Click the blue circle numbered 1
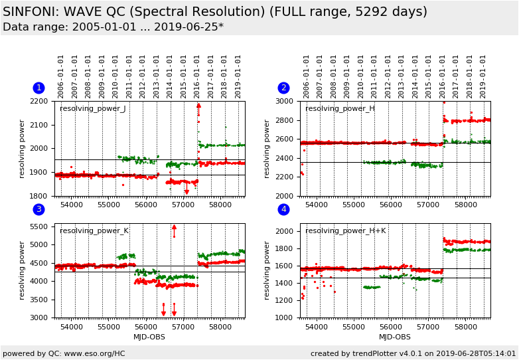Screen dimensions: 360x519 click(38, 88)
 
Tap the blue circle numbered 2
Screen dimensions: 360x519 click(283, 88)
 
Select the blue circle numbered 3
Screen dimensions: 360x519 click(38, 210)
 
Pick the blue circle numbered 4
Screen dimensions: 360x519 click(283, 210)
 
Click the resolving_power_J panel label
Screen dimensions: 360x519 click(92, 109)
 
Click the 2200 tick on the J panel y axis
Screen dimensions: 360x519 click(42, 102)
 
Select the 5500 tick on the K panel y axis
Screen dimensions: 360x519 click(42, 227)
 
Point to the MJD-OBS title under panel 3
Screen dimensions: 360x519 click(149, 337)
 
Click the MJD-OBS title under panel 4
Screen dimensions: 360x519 click(395, 337)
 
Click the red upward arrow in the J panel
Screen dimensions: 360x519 click(198, 106)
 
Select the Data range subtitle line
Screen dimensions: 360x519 click(113, 27)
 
